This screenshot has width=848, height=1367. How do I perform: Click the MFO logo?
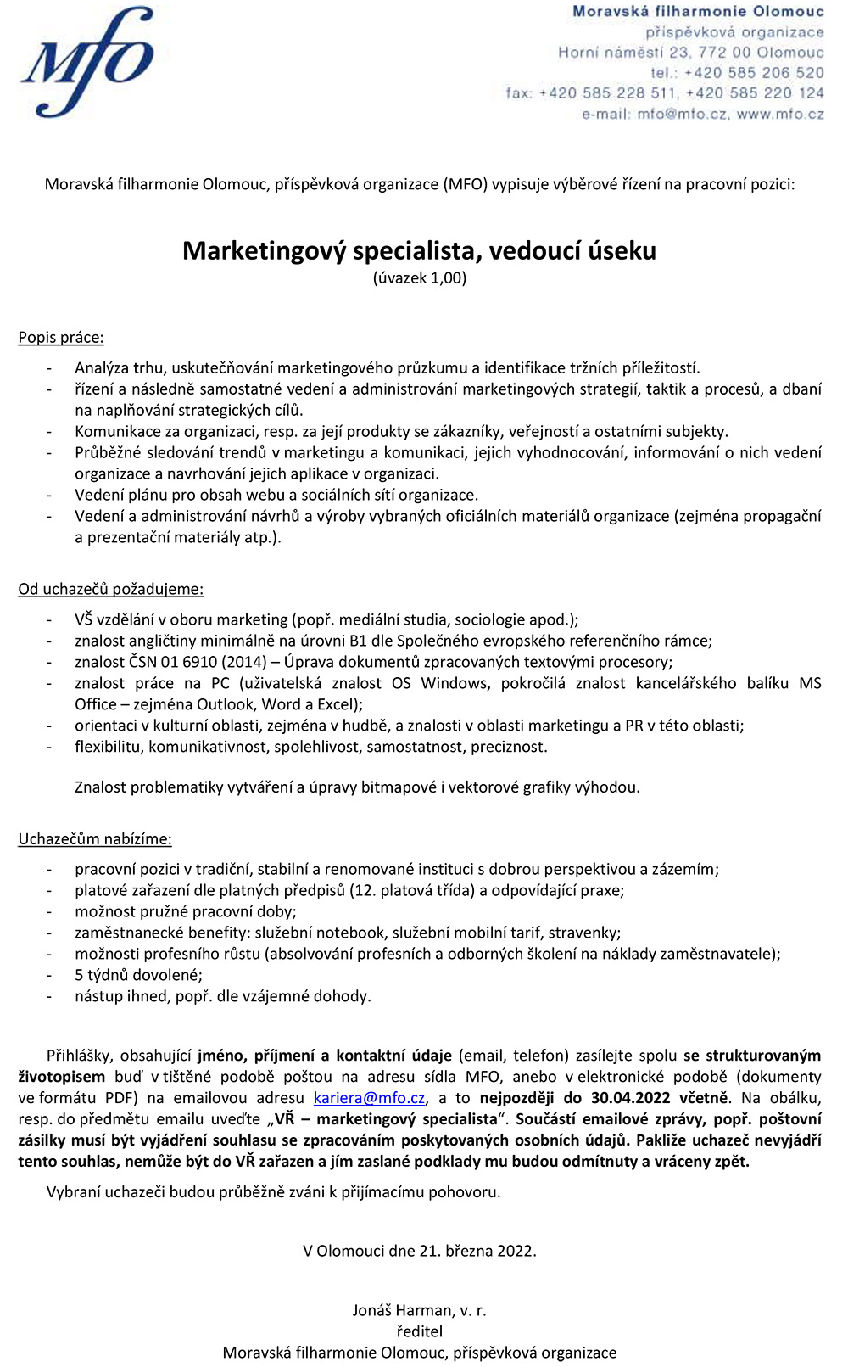tap(87, 61)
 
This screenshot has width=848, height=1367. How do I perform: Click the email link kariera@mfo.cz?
tap(369, 1098)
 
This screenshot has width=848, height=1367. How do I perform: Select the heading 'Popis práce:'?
tap(61, 338)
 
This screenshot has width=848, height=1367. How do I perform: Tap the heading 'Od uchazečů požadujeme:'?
tap(110, 589)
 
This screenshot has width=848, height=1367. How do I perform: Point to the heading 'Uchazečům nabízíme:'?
tap(95, 839)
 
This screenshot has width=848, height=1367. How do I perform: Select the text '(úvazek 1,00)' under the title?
tap(419, 278)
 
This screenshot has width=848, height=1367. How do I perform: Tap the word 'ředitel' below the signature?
tap(419, 1331)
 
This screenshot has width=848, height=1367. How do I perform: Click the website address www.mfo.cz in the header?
tap(780, 114)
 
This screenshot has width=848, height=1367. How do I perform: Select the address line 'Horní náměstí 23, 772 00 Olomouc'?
tap(690, 53)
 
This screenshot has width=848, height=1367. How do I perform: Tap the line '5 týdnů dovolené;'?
tap(138, 975)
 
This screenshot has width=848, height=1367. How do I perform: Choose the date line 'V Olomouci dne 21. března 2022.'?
tap(419, 1251)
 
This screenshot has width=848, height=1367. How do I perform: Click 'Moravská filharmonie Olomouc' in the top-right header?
tap(697, 12)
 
